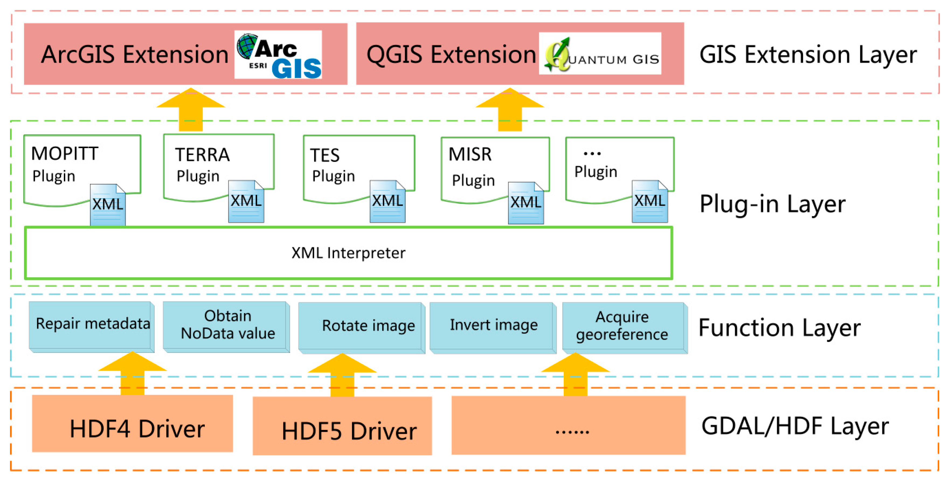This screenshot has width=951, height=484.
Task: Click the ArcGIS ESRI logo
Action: click(278, 55)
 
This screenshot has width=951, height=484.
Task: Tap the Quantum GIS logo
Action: click(600, 54)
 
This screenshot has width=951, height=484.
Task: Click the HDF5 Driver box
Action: click(342, 426)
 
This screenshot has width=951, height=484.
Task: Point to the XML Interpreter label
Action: click(348, 253)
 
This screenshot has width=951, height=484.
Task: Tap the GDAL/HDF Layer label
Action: click(794, 426)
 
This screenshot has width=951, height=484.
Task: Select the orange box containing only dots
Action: click(569, 425)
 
